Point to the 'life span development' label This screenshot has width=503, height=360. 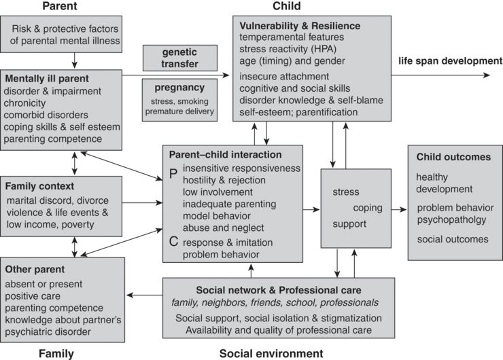[450, 61]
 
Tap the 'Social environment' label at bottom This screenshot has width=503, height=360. [271, 353]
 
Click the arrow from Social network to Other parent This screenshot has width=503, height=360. [145, 295]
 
